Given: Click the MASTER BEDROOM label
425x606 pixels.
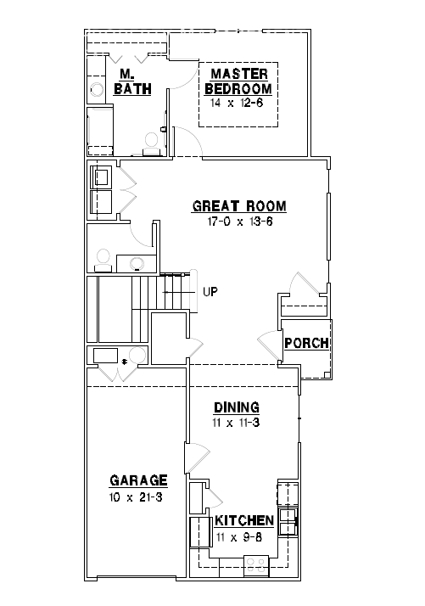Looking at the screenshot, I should pos(240,81).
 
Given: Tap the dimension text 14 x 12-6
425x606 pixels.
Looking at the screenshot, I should pos(240,102).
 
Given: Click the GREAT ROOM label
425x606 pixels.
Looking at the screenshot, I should pos(239,206).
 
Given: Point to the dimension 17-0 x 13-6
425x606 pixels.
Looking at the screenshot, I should pos(239,223).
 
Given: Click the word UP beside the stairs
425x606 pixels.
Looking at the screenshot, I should pos(210,292).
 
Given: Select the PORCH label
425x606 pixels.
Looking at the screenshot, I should pos(306,344).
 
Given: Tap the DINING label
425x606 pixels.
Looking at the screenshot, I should pos(236,407).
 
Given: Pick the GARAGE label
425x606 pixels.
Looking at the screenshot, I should pos(137,480).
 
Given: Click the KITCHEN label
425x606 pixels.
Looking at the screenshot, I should pos(243,520).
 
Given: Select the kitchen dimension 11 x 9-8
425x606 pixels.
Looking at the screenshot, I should pos(243,536).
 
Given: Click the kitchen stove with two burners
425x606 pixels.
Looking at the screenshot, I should pos(255,564).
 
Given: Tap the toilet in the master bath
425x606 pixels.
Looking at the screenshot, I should pos(153,143).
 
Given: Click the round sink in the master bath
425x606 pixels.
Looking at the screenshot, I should pos(97,88).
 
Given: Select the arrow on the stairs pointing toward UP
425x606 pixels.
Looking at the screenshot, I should pos(174,292).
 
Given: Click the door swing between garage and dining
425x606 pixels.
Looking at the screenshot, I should pos(197,458).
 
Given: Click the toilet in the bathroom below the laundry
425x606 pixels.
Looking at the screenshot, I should pos(102,256).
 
